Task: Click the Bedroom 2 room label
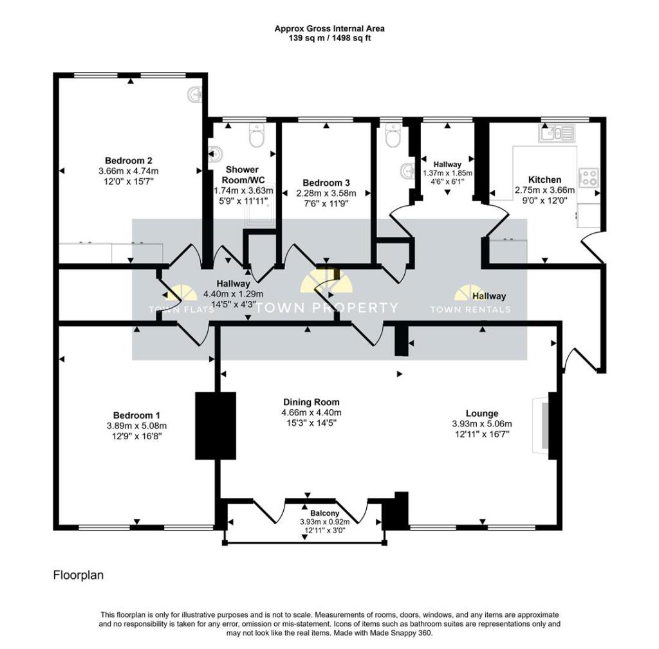pyautogui.click(x=128, y=160)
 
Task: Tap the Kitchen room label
pyautogui.click(x=544, y=179)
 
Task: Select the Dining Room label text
pyautogui.click(x=311, y=402)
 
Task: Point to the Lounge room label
pyautogui.click(x=482, y=413)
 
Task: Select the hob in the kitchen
pyautogui.click(x=589, y=178)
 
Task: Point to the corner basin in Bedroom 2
pyautogui.click(x=194, y=96)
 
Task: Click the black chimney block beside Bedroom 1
pyautogui.click(x=216, y=425)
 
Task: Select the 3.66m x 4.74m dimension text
pyautogui.click(x=128, y=170)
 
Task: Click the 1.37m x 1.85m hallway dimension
pyautogui.click(x=447, y=173)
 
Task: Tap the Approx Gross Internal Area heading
pyautogui.click(x=329, y=28)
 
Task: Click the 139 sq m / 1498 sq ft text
pyautogui.click(x=329, y=38)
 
